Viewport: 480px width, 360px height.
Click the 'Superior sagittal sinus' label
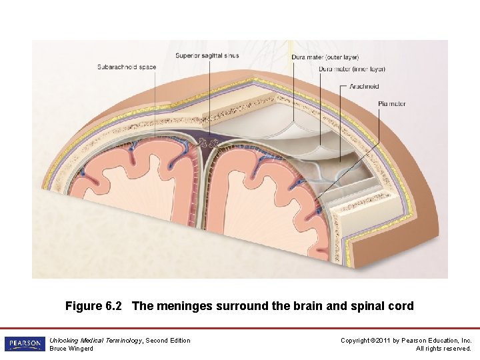click(208, 55)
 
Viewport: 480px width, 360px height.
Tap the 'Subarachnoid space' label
click(126, 67)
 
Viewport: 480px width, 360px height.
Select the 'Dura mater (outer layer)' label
click(325, 57)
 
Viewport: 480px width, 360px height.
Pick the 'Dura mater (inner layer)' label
click(352, 69)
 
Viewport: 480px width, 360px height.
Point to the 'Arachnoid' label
click(364, 86)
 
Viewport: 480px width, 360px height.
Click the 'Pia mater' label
click(391, 104)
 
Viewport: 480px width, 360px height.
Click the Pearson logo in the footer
click(24, 344)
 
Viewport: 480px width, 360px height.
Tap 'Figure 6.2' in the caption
click(93, 307)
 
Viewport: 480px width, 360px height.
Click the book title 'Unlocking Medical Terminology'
click(96, 341)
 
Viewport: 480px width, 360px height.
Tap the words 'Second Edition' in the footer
click(168, 341)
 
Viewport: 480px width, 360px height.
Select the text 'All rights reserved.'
click(444, 349)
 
